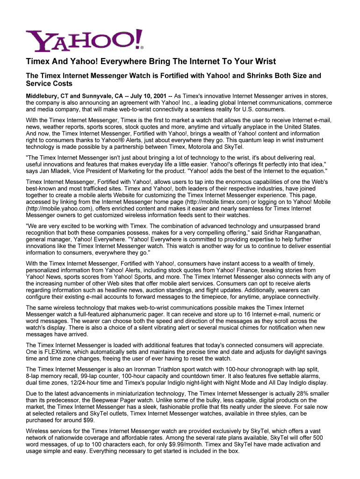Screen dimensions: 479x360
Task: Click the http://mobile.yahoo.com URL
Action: (58, 209)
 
